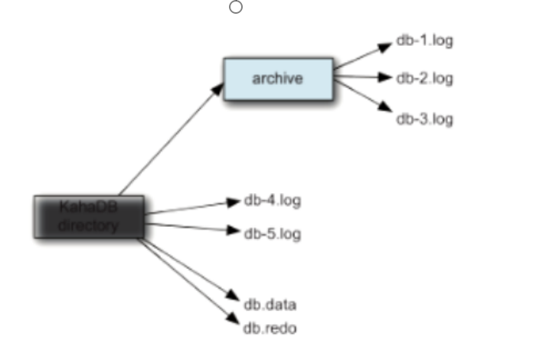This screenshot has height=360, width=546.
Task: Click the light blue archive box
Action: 278,78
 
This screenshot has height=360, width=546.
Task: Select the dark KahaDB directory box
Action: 89,216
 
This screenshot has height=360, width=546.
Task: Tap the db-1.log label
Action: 424,41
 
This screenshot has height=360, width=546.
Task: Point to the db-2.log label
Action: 424,78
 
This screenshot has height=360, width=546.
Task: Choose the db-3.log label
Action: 424,119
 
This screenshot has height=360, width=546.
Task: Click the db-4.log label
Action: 272,201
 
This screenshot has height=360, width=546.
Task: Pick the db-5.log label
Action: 272,234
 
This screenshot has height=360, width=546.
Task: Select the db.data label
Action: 270,305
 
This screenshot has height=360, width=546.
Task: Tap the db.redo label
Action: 270,329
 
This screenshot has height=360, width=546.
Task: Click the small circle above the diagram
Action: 236,8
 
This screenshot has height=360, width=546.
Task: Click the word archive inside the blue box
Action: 278,78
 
